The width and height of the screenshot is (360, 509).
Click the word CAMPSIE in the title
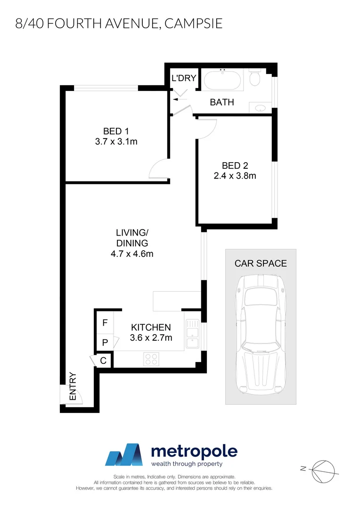[x=193, y=24]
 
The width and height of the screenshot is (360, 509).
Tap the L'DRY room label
[x=183, y=78]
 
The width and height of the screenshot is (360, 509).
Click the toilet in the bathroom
[x=255, y=79]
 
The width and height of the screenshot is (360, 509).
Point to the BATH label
[x=221, y=102]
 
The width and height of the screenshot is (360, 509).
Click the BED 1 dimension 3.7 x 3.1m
[x=115, y=141]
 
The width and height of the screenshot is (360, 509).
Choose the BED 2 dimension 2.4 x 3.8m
[x=235, y=176]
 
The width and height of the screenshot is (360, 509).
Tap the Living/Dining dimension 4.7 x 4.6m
[x=132, y=254]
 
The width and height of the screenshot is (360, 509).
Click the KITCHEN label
[x=150, y=327]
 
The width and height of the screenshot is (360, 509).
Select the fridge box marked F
[x=105, y=323]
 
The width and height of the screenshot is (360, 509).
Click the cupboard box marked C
[x=104, y=361]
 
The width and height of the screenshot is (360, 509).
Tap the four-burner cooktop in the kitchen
[x=152, y=359]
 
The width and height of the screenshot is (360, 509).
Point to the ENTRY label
[x=73, y=387]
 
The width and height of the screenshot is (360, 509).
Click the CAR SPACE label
[x=261, y=263]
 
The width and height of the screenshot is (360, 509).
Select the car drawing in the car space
[x=261, y=335]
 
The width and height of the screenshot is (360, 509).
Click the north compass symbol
[x=324, y=468]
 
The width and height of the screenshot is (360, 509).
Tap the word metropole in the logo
[x=194, y=452]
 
